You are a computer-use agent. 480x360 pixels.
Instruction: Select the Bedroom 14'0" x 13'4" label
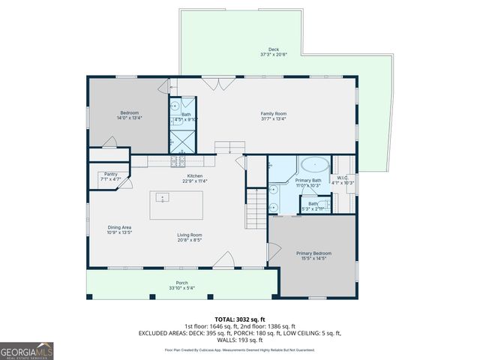click(x=128, y=115)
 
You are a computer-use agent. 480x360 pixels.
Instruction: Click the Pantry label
click(x=110, y=176)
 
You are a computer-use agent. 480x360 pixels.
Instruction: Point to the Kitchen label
click(x=196, y=178)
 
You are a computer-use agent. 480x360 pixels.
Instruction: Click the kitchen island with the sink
click(x=175, y=205)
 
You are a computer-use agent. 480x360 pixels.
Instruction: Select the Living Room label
click(x=189, y=237)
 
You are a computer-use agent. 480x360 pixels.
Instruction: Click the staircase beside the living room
click(x=255, y=208)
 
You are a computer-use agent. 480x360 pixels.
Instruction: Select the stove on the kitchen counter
click(x=179, y=161)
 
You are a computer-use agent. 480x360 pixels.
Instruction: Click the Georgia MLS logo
click(x=27, y=351)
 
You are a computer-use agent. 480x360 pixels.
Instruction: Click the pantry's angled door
click(x=128, y=182)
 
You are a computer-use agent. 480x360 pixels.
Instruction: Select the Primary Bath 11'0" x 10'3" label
click(x=308, y=182)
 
